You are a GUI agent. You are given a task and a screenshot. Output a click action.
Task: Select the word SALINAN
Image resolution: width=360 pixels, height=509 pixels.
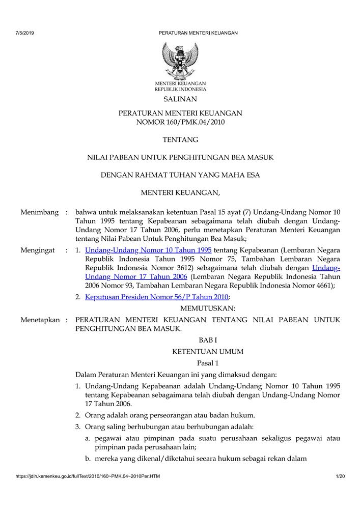[180, 99]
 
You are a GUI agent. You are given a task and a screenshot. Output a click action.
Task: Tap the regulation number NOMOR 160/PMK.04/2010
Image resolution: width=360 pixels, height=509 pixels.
[180, 122]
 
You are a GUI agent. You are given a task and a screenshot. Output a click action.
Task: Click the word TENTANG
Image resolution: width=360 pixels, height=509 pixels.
[180, 139]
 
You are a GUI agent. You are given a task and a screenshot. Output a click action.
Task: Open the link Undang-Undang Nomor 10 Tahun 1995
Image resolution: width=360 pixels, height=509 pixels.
[148, 250]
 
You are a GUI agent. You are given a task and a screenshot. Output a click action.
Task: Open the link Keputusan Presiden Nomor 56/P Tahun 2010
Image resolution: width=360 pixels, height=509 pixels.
[157, 297]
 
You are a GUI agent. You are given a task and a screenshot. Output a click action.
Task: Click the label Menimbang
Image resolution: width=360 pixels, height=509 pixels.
[40, 212]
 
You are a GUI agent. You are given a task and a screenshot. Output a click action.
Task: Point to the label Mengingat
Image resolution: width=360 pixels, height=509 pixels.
[38, 250]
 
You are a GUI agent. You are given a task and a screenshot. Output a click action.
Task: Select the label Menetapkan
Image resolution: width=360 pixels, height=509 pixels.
[40, 320]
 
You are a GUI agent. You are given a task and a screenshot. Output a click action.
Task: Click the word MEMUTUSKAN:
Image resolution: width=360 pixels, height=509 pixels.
[208, 308]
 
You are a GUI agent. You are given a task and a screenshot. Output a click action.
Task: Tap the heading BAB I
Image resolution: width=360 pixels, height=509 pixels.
[208, 340]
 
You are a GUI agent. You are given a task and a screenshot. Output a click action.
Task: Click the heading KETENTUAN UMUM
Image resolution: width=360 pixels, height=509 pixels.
[208, 351]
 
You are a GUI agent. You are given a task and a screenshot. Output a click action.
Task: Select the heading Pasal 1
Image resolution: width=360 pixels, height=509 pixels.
[208, 363]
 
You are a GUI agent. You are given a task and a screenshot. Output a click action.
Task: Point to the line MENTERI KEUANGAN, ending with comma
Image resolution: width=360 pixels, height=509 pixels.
[180, 193]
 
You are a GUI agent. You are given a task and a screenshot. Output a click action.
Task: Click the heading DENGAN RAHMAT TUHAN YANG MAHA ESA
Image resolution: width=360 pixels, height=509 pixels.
[180, 175]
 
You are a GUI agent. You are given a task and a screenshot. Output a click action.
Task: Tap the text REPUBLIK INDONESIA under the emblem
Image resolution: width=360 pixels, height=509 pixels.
[180, 89]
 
